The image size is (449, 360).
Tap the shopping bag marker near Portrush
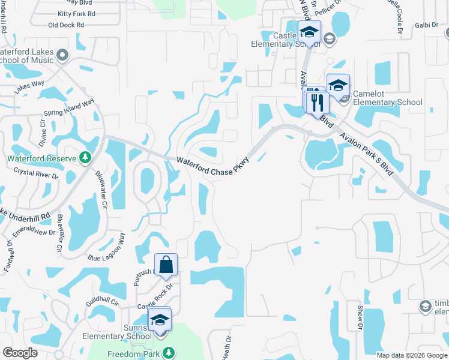click(x=166, y=265)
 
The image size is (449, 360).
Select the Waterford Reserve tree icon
click(x=86, y=158)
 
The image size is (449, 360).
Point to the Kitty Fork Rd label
click(x=76, y=13)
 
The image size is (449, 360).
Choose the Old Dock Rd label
click(x=66, y=25)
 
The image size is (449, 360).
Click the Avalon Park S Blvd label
click(x=366, y=153)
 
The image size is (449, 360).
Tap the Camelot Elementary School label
click(x=387, y=98)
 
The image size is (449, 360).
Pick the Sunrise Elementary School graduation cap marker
click(x=160, y=320)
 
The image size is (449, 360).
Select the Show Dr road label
click(x=361, y=316)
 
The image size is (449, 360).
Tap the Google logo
click(x=20, y=353)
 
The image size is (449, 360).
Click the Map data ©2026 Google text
click(x=411, y=355)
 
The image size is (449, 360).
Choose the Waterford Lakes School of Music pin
click(x=62, y=58)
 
